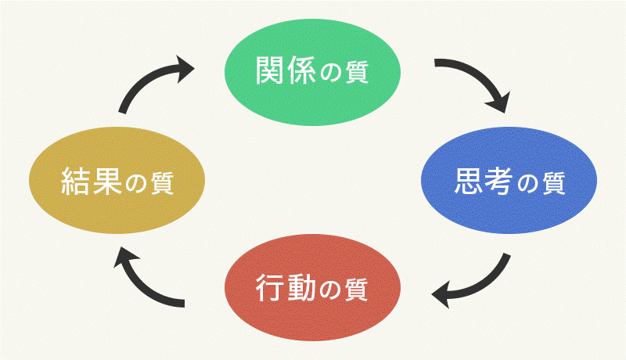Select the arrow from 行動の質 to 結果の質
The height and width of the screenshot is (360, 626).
149,282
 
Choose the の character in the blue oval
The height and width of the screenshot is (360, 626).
529,185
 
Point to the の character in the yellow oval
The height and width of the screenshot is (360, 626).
137,186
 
